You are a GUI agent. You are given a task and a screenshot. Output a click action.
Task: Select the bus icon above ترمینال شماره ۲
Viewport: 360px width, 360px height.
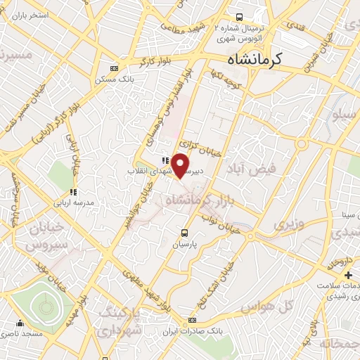pos(240,17)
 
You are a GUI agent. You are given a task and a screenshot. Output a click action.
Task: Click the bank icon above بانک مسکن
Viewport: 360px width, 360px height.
pos(115,68)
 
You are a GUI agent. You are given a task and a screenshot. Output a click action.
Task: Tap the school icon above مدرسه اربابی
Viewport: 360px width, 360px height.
pos(72,191)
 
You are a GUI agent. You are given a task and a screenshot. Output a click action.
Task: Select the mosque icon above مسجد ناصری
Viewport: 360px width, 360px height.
pos(20,324)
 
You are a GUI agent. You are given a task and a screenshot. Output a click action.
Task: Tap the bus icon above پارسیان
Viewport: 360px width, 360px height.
pos(185,233)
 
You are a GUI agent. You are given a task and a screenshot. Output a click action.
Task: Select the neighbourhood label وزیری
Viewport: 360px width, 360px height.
pos(290,225)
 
